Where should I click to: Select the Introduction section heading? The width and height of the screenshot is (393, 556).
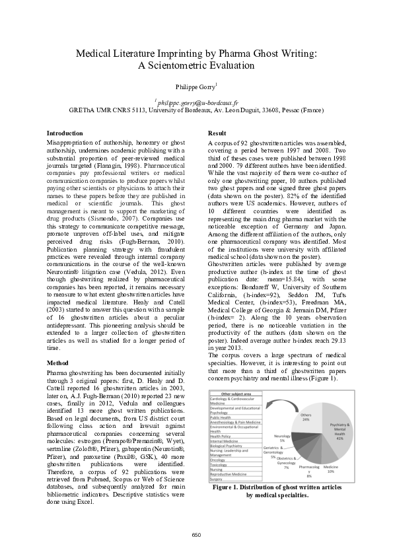(65, 133)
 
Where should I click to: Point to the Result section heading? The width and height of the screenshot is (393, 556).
(217, 133)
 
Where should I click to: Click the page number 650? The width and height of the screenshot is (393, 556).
(196, 534)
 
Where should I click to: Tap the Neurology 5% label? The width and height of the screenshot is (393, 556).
(283, 438)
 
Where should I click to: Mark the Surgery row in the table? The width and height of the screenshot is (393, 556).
(217, 479)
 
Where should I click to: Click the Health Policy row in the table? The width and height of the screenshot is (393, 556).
(221, 436)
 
